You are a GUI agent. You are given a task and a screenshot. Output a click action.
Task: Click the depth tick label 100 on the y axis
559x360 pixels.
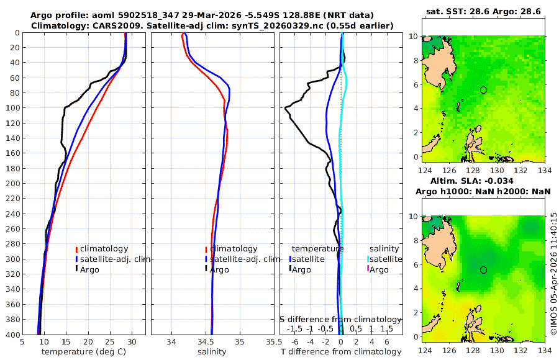point(12,108)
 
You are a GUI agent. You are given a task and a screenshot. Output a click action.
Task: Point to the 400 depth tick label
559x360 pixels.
point(12,335)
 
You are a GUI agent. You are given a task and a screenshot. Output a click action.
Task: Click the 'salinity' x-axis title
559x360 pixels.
point(212,352)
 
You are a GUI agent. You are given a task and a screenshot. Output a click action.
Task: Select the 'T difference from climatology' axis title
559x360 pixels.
point(341,352)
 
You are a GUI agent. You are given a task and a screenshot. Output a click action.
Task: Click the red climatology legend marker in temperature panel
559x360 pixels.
point(76,249)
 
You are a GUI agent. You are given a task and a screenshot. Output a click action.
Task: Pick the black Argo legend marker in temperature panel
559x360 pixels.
point(76,269)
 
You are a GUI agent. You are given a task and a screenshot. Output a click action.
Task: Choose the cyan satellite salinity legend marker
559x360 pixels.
point(368,259)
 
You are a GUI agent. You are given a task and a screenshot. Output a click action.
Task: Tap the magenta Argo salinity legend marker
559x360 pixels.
point(368,269)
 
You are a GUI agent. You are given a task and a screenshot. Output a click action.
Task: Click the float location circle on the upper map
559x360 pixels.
point(484,90)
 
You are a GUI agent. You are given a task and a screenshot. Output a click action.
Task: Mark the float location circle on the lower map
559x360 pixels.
point(484,270)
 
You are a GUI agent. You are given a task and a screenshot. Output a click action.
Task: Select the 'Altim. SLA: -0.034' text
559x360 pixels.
point(484,180)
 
